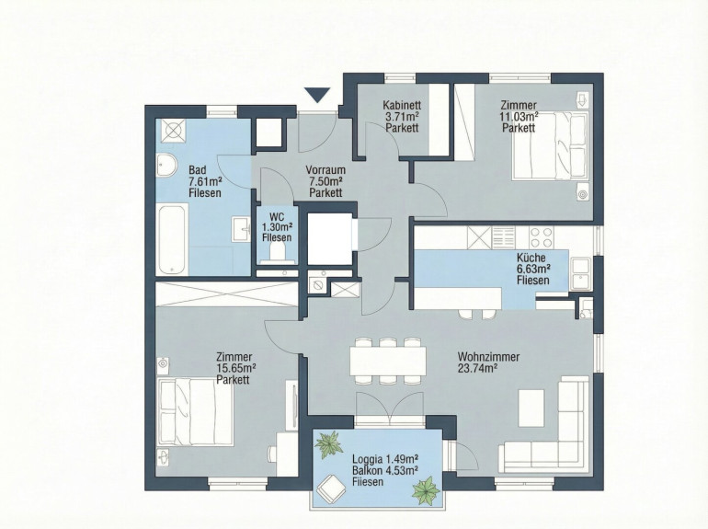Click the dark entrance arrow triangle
[x=318, y=96]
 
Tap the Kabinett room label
[x=403, y=105]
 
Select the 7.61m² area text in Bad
[x=205, y=181]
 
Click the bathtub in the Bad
[x=172, y=239]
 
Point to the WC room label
[x=277, y=216]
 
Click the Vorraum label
[x=325, y=170]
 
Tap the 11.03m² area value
[x=519, y=117]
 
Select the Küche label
[x=531, y=258]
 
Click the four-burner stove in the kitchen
[x=541, y=237]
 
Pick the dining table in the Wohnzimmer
[x=388, y=361]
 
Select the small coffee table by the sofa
[x=531, y=408]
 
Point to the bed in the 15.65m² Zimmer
[x=195, y=411]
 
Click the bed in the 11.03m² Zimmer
[x=550, y=146]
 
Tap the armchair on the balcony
[x=332, y=489]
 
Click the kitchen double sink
[x=580, y=273]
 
